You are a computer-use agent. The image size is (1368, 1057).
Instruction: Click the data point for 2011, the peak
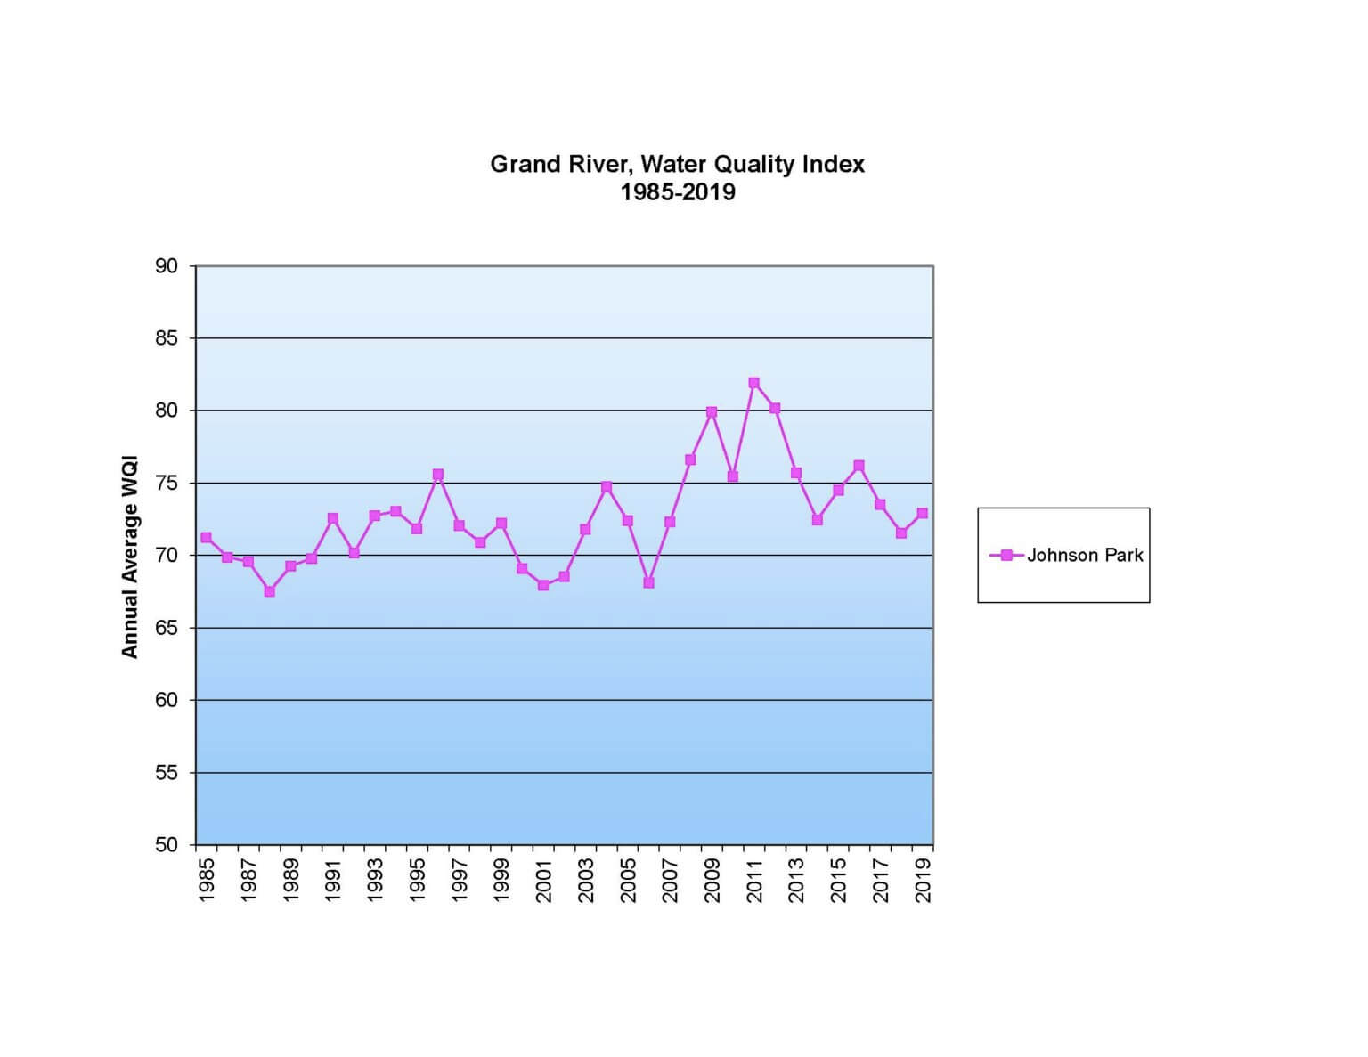pos(753,383)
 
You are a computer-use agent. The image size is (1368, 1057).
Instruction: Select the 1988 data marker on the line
pos(269,591)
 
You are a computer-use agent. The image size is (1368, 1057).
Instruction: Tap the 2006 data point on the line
pos(648,582)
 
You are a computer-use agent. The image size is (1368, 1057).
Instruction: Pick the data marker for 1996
pos(437,475)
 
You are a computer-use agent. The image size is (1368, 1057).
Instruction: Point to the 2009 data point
pos(712,412)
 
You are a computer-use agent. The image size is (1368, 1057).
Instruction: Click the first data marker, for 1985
pos(206,538)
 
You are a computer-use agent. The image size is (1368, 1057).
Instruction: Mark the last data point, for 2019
pos(922,513)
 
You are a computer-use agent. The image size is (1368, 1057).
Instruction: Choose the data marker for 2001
pos(543,585)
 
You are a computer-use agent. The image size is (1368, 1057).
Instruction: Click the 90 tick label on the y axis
pos(167,266)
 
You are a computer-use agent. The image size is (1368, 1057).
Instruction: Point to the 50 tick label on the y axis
pos(167,844)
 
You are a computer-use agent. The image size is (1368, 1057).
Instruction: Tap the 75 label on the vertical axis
pos(167,484)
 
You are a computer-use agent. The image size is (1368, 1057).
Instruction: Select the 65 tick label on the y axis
pos(167,628)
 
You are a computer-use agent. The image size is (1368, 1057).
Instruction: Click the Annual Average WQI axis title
pos(130,557)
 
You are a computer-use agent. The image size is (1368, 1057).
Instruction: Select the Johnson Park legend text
pos(1085,556)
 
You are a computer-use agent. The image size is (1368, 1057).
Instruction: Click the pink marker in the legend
pos(1006,556)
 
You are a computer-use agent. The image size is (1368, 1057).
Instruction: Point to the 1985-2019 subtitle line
pos(678,192)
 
